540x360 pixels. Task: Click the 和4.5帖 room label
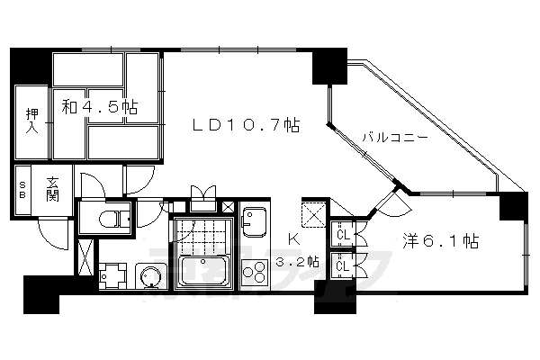pos(100,107)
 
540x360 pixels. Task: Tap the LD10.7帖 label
pos(246,125)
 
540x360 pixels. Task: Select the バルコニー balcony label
pos(395,138)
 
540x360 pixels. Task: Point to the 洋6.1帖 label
pos(441,241)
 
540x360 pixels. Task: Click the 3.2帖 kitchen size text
pos(298,262)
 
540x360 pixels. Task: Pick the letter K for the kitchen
pos(293,239)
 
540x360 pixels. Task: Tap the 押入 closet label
pos(32,121)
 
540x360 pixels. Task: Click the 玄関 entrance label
pos(53,189)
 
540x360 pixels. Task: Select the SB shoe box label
pos(22,190)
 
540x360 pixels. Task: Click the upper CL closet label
pos(344,235)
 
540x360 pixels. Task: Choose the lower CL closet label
pos(343,266)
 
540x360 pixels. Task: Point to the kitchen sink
pos(254,221)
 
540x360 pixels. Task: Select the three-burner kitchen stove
pos(255,272)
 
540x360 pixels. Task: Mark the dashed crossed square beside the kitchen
pos(313,214)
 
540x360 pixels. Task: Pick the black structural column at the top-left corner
pos(31,65)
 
